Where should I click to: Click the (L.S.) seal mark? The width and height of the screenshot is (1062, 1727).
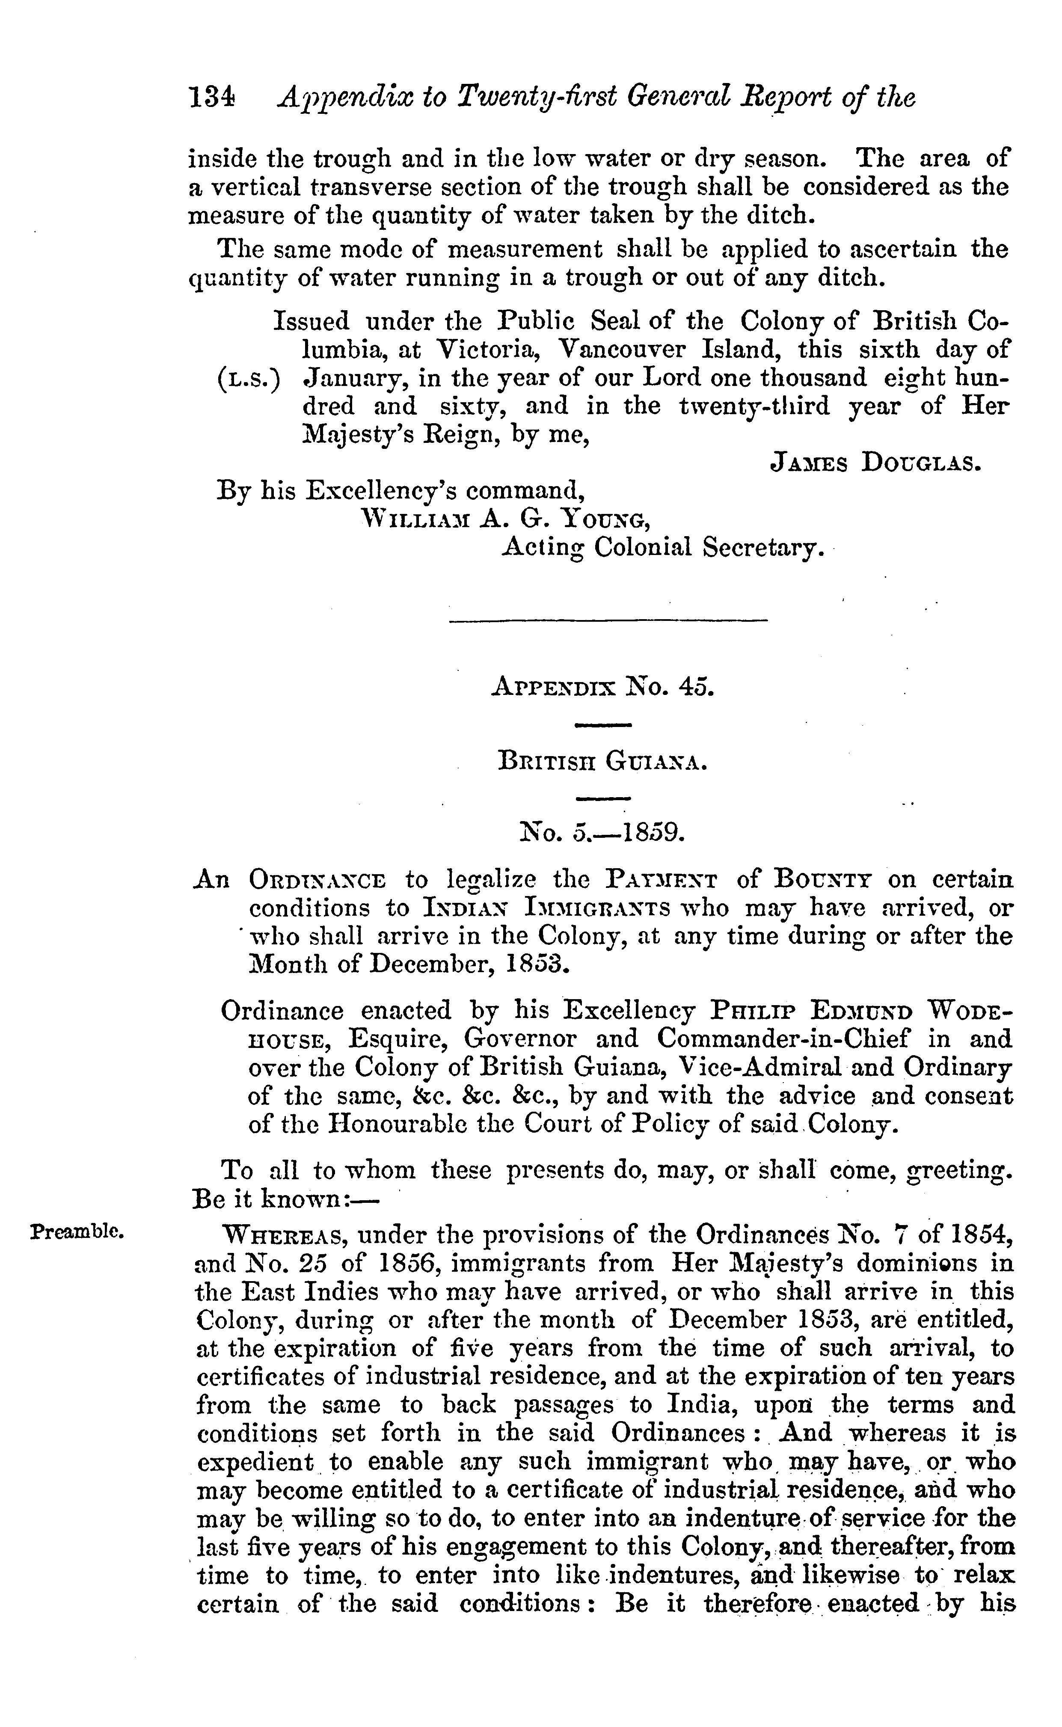247,379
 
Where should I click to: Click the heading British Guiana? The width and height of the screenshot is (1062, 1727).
601,761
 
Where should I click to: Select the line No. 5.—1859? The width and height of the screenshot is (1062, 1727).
601,833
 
